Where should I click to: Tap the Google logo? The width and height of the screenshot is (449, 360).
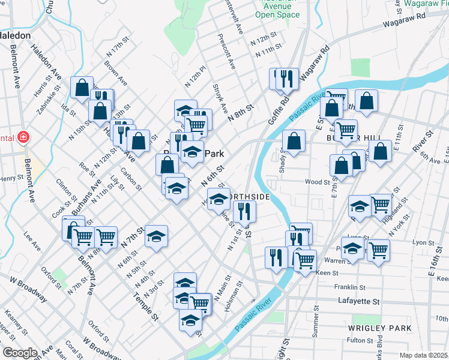20,352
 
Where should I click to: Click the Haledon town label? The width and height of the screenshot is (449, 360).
15,35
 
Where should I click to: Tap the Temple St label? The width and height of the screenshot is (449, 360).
145,307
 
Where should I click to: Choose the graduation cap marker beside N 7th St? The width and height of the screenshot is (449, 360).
156,236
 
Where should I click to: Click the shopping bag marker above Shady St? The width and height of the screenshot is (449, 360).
294,142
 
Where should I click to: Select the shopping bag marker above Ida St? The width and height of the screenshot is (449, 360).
82,88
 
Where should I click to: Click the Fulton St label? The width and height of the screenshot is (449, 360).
361,340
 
